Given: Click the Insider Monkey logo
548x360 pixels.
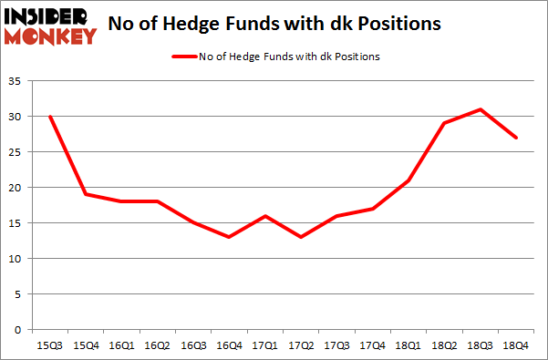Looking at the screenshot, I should pos(50,26).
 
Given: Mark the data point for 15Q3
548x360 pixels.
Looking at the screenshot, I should pos(50,117).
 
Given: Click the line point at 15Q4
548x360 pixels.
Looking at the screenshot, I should pos(86,194).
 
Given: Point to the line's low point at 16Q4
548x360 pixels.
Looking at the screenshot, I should pos(228,237).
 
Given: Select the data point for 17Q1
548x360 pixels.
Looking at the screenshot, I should pos(264,216).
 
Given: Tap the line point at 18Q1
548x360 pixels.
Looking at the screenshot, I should pos(408,180).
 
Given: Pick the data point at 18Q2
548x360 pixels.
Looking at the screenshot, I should pos(443,123).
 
